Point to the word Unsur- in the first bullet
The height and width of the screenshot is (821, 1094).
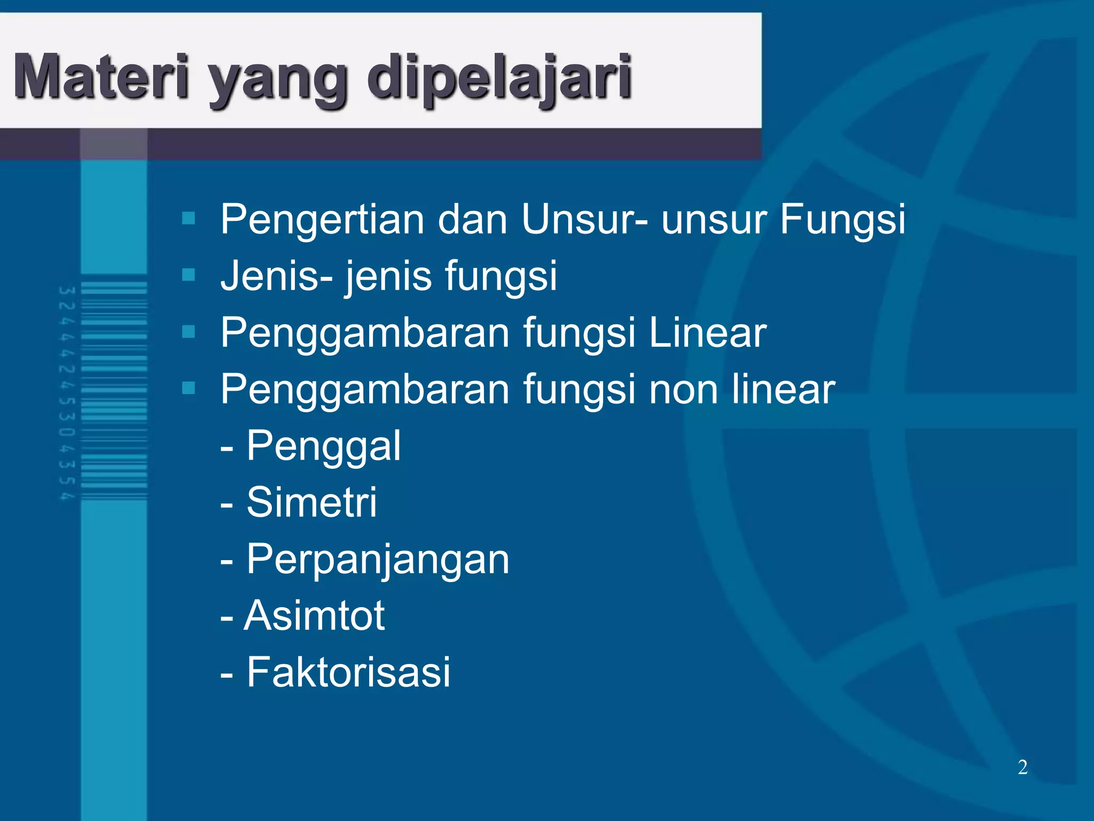pos(585,219)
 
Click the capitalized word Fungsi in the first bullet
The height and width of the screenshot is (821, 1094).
pos(842,220)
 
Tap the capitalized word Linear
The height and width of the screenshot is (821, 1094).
pos(707,332)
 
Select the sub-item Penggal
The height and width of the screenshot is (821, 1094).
pos(323,446)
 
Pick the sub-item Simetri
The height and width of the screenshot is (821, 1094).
pos(311,502)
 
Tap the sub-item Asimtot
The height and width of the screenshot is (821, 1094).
pos(314,615)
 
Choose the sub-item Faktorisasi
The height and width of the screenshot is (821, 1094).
pos(348,672)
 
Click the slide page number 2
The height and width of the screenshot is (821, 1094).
pos(1022,767)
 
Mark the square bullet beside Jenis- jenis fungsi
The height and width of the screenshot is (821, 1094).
pos(189,275)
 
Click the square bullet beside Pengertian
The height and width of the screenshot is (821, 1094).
pos(189,218)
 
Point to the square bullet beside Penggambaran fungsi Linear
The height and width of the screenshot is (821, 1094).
pos(189,332)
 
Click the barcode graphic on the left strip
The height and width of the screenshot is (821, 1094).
pos(114,391)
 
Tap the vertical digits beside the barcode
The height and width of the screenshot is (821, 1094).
pos(67,393)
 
